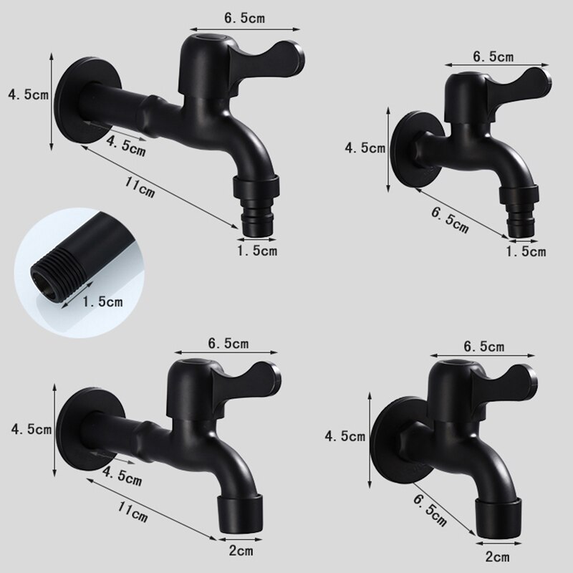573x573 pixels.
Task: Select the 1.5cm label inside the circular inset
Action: pos(103,302)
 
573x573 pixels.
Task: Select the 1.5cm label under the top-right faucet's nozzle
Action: pos(526,251)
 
